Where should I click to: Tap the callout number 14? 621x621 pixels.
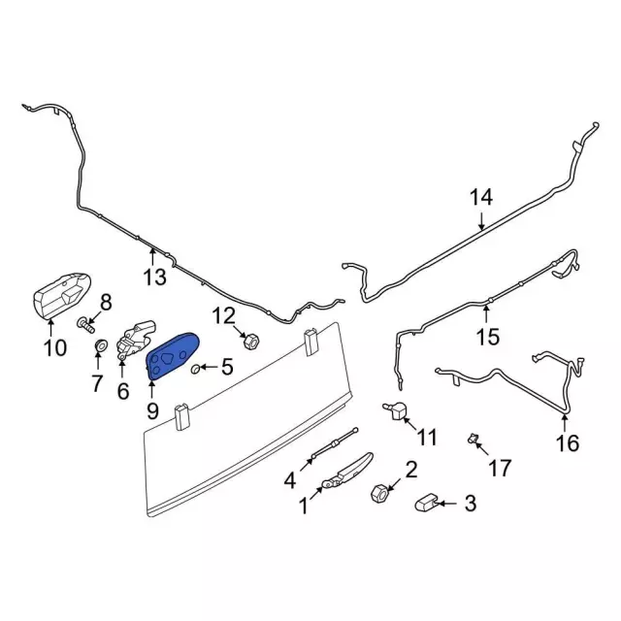pos(482,198)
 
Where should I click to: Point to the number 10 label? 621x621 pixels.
pos(53,346)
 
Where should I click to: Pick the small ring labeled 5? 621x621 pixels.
pos(197,368)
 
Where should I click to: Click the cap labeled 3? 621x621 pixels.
pos(430,503)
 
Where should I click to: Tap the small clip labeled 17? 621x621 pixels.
pos(474,440)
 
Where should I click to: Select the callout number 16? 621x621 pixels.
pos(567,443)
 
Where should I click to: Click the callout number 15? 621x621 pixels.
pos(487,337)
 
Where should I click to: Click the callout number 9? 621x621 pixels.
pos(152,410)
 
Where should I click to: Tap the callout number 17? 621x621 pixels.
pos(499,469)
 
